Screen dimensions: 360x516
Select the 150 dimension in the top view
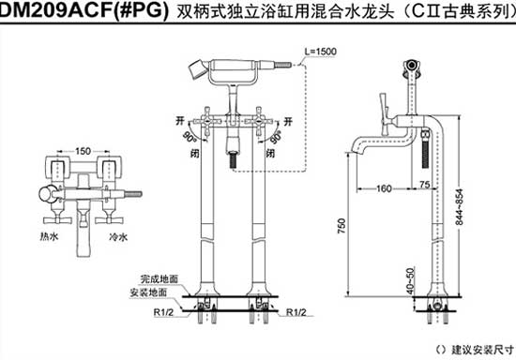point(84,149)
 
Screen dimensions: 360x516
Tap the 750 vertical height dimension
point(342,226)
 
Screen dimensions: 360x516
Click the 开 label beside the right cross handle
point(287,121)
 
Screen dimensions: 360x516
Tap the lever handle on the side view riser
point(383,105)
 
